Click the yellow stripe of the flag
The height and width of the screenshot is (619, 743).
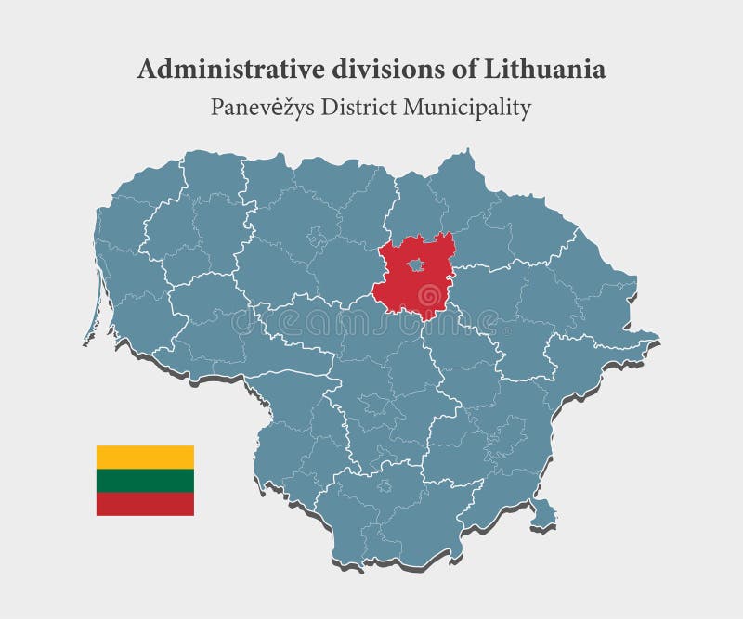coord(145,457)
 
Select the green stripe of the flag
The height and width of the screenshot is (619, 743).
coord(145,480)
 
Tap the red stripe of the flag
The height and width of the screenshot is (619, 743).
coord(145,504)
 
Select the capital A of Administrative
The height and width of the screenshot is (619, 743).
coord(146,70)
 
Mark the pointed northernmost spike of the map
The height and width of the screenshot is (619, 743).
coord(469,151)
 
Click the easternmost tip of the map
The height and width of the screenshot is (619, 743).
coord(657,336)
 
